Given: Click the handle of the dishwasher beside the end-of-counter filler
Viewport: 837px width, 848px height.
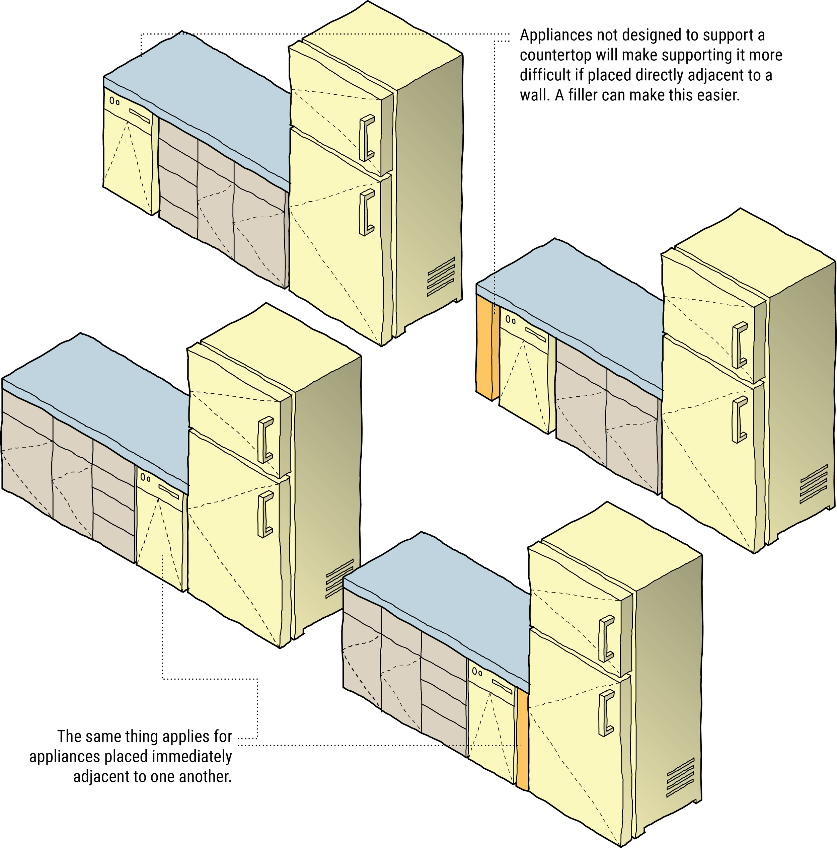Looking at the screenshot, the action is (x=535, y=334).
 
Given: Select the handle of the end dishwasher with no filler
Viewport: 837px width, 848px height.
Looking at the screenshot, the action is (x=140, y=116).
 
